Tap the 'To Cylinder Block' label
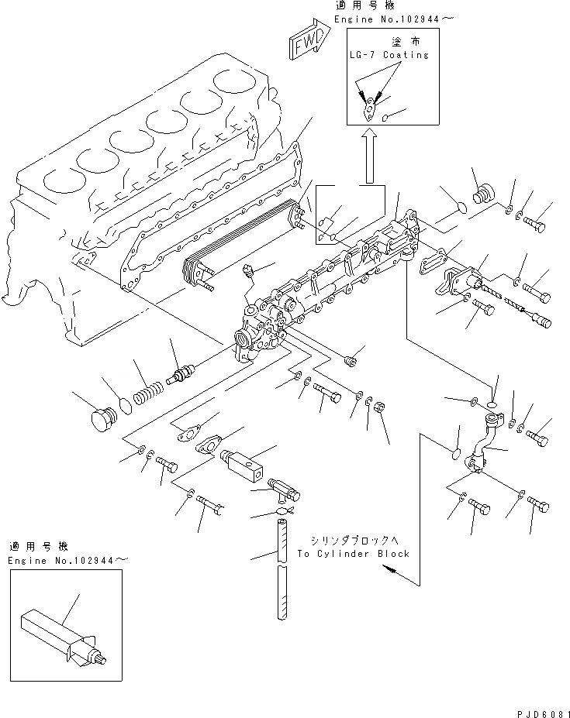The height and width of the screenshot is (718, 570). pyautogui.click(x=352, y=554)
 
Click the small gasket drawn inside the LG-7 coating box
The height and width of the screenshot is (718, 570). pyautogui.click(x=371, y=108)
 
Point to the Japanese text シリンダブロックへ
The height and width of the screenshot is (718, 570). pyautogui.click(x=353, y=539)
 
